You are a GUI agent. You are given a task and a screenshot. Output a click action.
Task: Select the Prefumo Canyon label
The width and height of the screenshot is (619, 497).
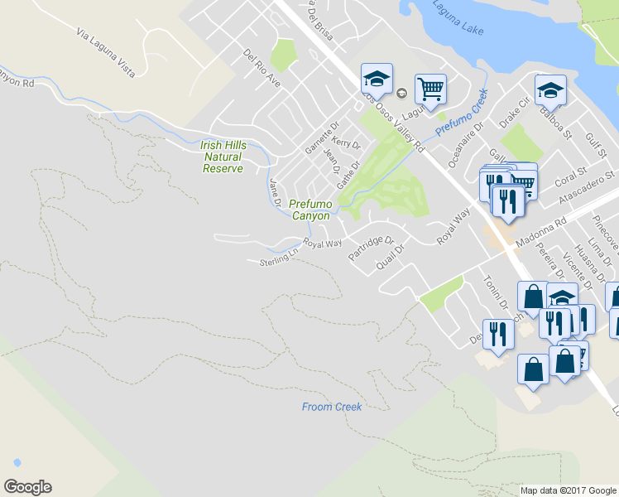[309, 210]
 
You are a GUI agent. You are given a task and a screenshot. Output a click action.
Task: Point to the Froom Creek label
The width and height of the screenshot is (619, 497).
[332, 407]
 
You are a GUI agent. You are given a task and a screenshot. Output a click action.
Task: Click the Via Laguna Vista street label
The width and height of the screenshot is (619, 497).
[105, 53]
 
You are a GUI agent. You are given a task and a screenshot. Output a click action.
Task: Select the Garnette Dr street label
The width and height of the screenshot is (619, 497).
[322, 133]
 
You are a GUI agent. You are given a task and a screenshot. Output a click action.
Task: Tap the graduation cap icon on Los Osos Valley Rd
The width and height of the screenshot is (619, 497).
[376, 80]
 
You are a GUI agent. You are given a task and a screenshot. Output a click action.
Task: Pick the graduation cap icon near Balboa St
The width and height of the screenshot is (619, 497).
[550, 89]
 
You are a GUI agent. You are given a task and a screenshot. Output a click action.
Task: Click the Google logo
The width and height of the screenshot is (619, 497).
[27, 487]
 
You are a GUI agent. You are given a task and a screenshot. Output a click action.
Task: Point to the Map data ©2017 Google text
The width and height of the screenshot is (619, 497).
[569, 490]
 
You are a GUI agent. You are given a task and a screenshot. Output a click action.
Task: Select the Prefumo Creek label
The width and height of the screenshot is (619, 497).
[463, 114]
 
